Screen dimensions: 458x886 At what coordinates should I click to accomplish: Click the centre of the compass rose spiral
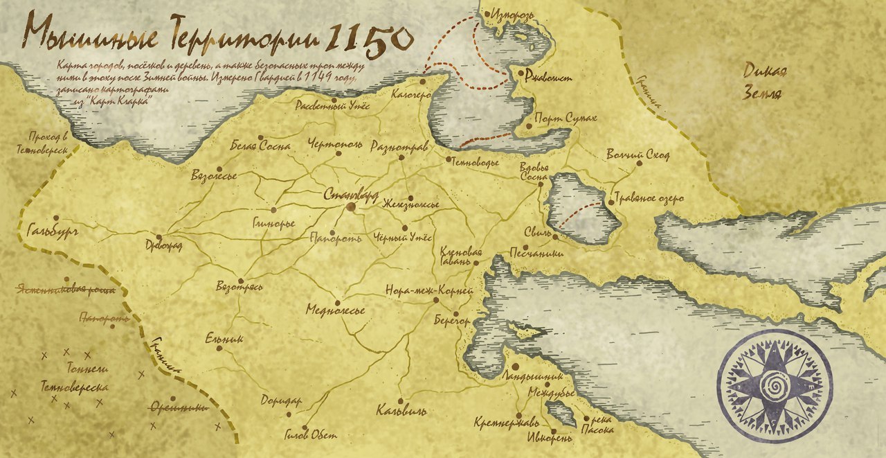coord(774,385)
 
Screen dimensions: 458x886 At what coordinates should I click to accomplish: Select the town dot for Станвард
coord(351,206)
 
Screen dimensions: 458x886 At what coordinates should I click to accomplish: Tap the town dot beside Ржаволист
coord(521,71)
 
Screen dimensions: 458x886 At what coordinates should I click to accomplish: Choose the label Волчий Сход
coord(638,155)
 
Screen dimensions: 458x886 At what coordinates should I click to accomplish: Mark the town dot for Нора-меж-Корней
coord(436,301)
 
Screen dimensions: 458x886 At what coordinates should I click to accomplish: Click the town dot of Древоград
coord(159,237)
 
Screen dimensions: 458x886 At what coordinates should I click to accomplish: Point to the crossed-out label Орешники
coord(179,407)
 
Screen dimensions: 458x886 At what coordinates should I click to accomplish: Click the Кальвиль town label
coord(401,412)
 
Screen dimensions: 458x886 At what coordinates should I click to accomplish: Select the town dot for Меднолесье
coord(337,303)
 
